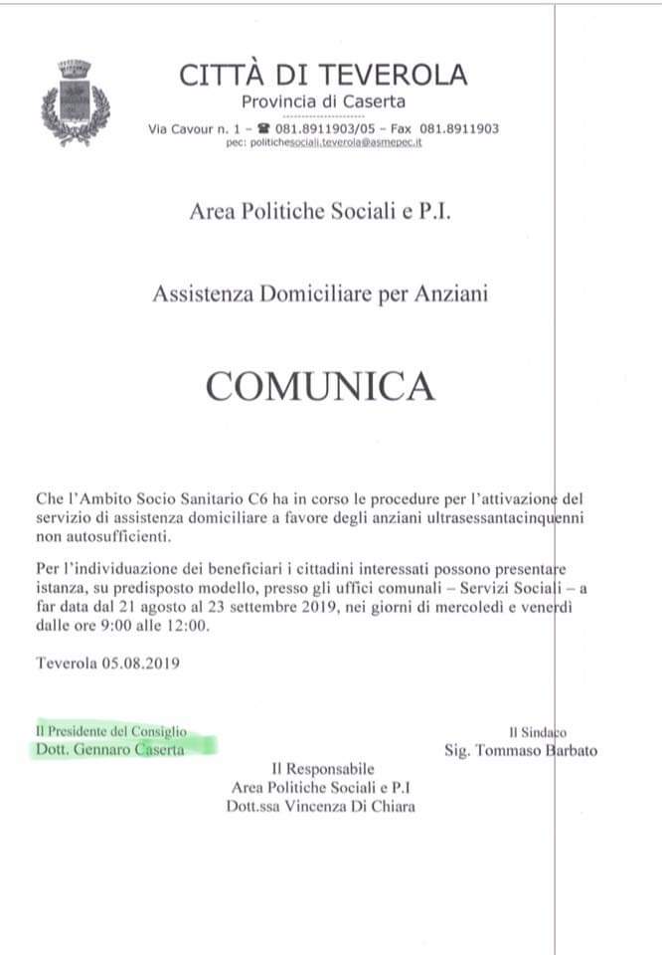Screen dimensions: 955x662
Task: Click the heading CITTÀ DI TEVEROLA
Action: coord(323,75)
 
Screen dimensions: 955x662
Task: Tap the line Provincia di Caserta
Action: coord(323,101)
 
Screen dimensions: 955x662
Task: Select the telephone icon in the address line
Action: coord(263,128)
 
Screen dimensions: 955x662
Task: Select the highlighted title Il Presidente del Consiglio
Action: coord(110,731)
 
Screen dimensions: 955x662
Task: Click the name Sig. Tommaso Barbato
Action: coord(521,749)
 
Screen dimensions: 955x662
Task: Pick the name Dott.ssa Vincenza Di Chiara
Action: coord(320,806)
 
